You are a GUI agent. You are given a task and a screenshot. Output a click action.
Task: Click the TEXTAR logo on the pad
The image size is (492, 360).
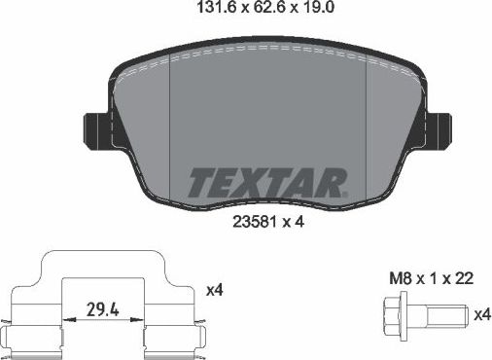coord(264,181)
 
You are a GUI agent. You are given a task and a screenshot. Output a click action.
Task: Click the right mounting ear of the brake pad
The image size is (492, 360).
coord(438,126)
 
